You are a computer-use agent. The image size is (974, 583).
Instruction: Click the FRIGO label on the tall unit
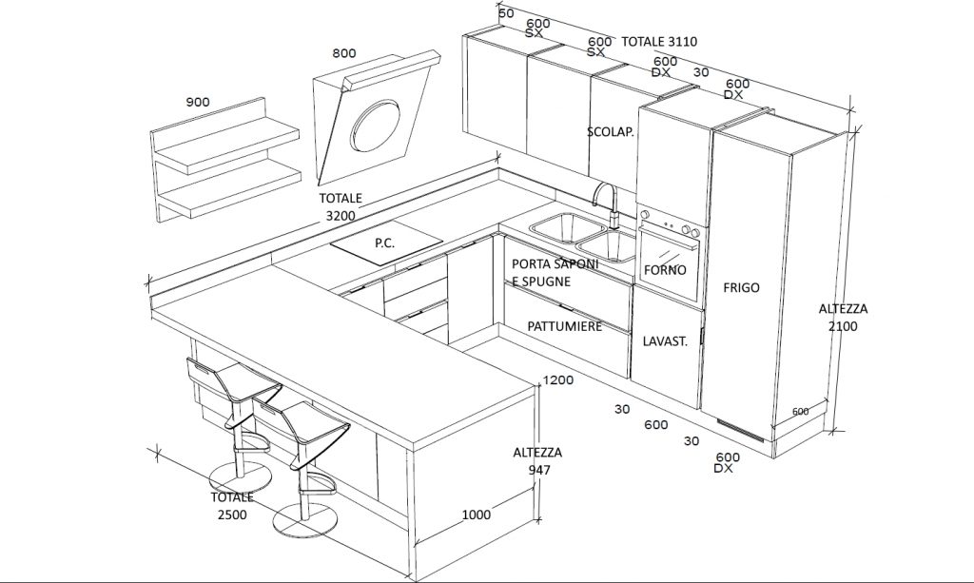741,287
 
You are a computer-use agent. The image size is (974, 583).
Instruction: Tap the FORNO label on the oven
665,270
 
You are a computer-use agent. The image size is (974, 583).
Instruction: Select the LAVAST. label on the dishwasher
665,340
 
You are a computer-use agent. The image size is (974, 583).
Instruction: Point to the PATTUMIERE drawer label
565,326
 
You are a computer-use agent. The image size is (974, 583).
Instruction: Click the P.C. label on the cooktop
384,243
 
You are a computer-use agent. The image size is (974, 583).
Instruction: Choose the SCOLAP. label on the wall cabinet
611,131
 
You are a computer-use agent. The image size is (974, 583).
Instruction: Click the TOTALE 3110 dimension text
659,42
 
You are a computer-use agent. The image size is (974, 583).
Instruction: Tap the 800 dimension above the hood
344,52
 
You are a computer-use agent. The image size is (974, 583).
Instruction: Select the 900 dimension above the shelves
198,102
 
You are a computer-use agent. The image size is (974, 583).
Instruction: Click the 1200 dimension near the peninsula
557,380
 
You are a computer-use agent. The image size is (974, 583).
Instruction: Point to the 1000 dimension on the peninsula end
476,515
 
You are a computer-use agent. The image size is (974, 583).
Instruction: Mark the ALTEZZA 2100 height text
843,318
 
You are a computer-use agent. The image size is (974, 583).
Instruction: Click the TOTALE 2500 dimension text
232,506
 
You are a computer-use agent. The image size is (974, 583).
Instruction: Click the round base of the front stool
305,520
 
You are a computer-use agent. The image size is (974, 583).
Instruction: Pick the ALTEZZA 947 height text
537,461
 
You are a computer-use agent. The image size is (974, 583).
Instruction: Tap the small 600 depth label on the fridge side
801,412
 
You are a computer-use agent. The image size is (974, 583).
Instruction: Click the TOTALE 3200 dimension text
341,206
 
